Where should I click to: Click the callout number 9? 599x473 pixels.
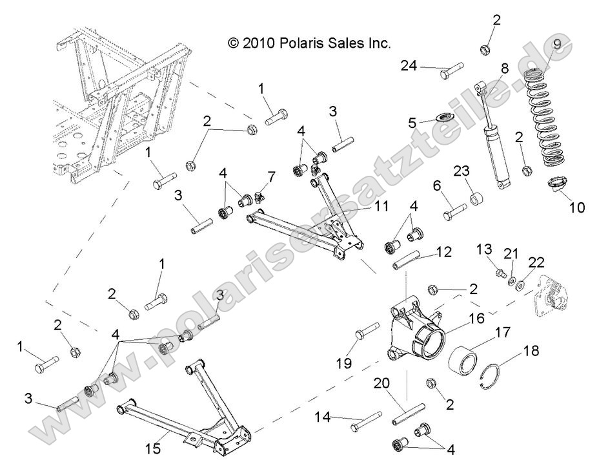tap(557, 45)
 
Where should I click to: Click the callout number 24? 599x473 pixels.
tap(409, 65)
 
